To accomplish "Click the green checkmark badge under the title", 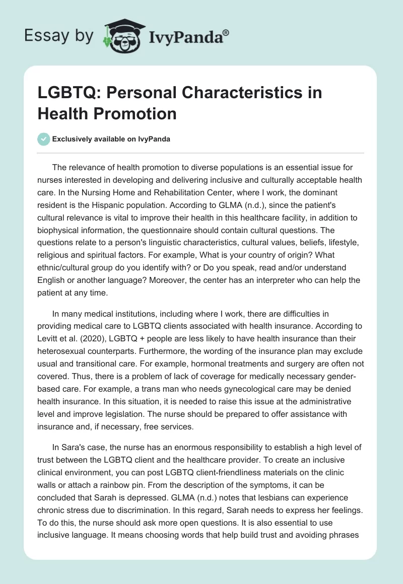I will coord(44,139).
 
